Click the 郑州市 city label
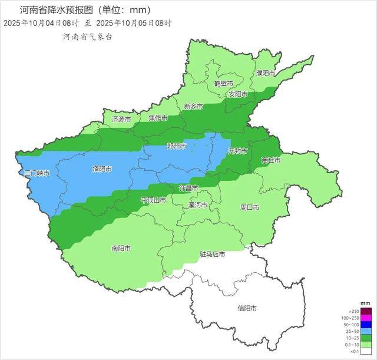tap(177, 146)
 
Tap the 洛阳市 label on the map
tap(102, 169)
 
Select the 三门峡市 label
tap(37, 174)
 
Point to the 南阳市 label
tap(121, 248)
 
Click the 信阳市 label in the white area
tap(247, 308)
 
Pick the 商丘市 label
tap(271, 160)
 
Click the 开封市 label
tap(238, 151)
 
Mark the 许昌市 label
tap(188, 187)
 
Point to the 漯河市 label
tap(197, 206)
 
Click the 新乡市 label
tap(193, 107)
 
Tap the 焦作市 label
tap(158, 118)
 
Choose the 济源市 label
tap(121, 119)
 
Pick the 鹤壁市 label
tap(224, 83)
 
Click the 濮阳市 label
tap(266, 73)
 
